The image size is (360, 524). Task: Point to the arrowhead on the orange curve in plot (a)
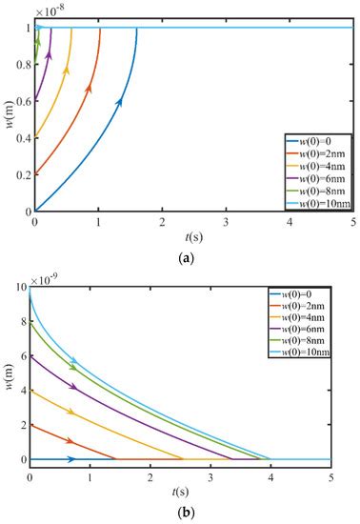(89, 88)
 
